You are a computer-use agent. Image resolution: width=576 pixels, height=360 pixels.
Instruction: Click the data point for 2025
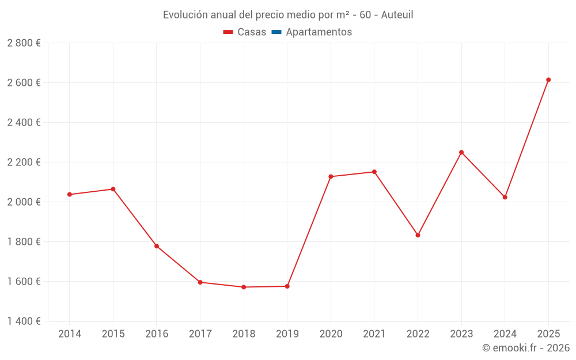point(548,80)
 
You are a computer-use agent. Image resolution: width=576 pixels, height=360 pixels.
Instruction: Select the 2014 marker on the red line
point(70,195)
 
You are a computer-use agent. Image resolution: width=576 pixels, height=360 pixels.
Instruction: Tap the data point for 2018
point(244,287)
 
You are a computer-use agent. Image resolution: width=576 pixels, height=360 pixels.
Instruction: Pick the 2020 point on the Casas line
point(331,177)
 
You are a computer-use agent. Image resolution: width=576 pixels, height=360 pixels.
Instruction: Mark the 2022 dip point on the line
point(418,235)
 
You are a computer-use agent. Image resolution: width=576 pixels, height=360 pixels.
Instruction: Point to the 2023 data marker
point(461,152)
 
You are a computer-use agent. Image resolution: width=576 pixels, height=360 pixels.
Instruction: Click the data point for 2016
point(157,246)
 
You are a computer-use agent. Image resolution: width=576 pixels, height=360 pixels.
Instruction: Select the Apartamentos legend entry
point(319,32)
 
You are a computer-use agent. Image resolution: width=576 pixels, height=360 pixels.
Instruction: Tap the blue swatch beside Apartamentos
point(276,32)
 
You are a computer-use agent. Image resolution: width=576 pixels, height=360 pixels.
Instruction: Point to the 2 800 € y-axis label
point(24,43)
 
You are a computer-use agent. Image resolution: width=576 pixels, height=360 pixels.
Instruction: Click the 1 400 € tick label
point(24,321)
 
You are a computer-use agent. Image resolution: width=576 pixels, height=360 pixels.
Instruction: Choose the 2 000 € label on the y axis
point(24,202)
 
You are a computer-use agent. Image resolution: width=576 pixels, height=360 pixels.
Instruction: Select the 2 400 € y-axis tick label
point(24,123)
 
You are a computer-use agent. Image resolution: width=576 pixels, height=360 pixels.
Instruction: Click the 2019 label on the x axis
point(287,334)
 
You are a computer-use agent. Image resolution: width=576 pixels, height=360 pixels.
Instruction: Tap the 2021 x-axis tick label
point(374,334)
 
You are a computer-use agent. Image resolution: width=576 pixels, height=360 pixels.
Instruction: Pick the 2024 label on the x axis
point(505,334)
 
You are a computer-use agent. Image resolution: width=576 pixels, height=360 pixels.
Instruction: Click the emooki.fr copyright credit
point(526,348)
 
